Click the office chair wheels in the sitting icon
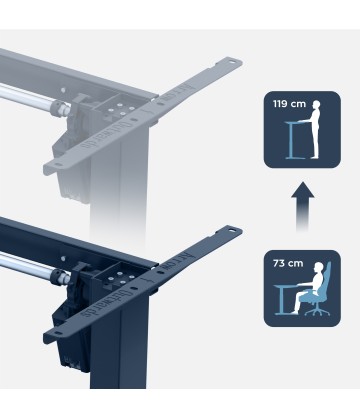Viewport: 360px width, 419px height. click(319, 313)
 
